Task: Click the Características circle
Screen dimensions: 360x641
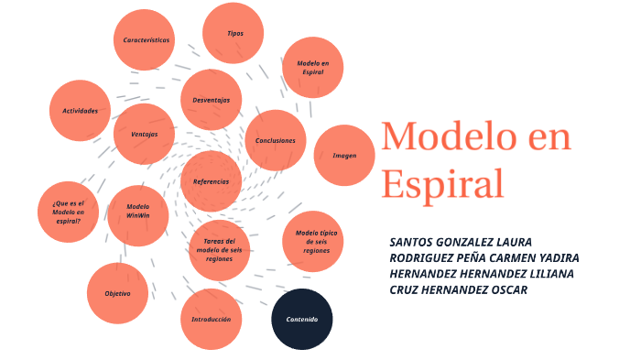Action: [147, 40]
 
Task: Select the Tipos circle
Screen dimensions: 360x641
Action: [234, 33]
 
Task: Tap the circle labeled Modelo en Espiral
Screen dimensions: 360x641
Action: [313, 67]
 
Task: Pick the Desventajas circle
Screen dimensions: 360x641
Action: [212, 100]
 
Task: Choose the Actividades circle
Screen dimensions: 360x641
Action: [80, 111]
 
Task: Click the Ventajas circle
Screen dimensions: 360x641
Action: [145, 134]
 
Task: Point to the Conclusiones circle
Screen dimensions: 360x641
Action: [276, 140]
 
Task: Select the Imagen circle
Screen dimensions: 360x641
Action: [344, 156]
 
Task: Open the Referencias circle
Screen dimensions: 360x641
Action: [212, 181]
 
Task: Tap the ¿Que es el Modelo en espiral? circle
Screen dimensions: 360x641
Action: [68, 212]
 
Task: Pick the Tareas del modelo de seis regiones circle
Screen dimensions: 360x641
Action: [219, 249]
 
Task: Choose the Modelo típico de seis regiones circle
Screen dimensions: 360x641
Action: [313, 241]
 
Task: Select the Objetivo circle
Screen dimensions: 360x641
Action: [117, 294]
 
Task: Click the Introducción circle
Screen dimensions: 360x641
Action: [211, 319]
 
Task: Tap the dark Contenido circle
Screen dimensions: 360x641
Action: [302, 319]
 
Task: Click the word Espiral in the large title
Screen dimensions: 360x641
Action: [442, 182]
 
